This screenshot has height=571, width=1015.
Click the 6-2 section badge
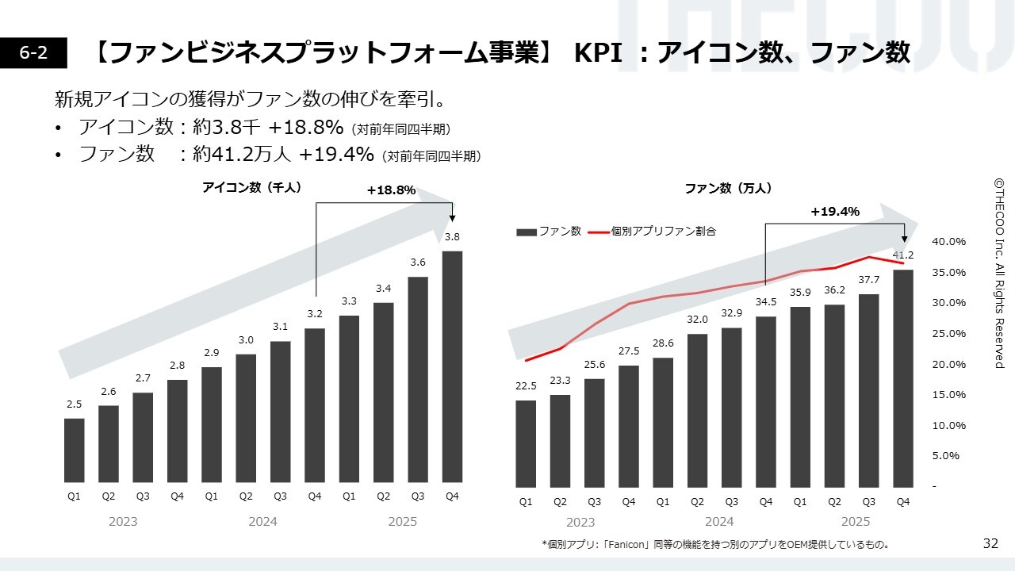click(33, 52)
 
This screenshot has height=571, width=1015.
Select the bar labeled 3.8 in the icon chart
click(452, 366)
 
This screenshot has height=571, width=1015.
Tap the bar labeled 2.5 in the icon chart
click(74, 450)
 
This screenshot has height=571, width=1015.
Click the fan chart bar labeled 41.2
click(903, 377)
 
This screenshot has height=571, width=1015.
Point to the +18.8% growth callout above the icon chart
click(391, 190)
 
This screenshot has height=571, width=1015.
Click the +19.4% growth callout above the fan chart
click(835, 212)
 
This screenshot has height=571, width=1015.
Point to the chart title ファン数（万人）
click(728, 189)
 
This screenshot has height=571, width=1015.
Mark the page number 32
click(990, 543)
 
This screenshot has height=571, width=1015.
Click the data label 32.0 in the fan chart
click(697, 320)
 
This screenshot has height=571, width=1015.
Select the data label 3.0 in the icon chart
click(246, 340)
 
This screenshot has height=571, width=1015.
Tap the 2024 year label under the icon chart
click(262, 521)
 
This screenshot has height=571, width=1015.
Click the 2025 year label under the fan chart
click(855, 521)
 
